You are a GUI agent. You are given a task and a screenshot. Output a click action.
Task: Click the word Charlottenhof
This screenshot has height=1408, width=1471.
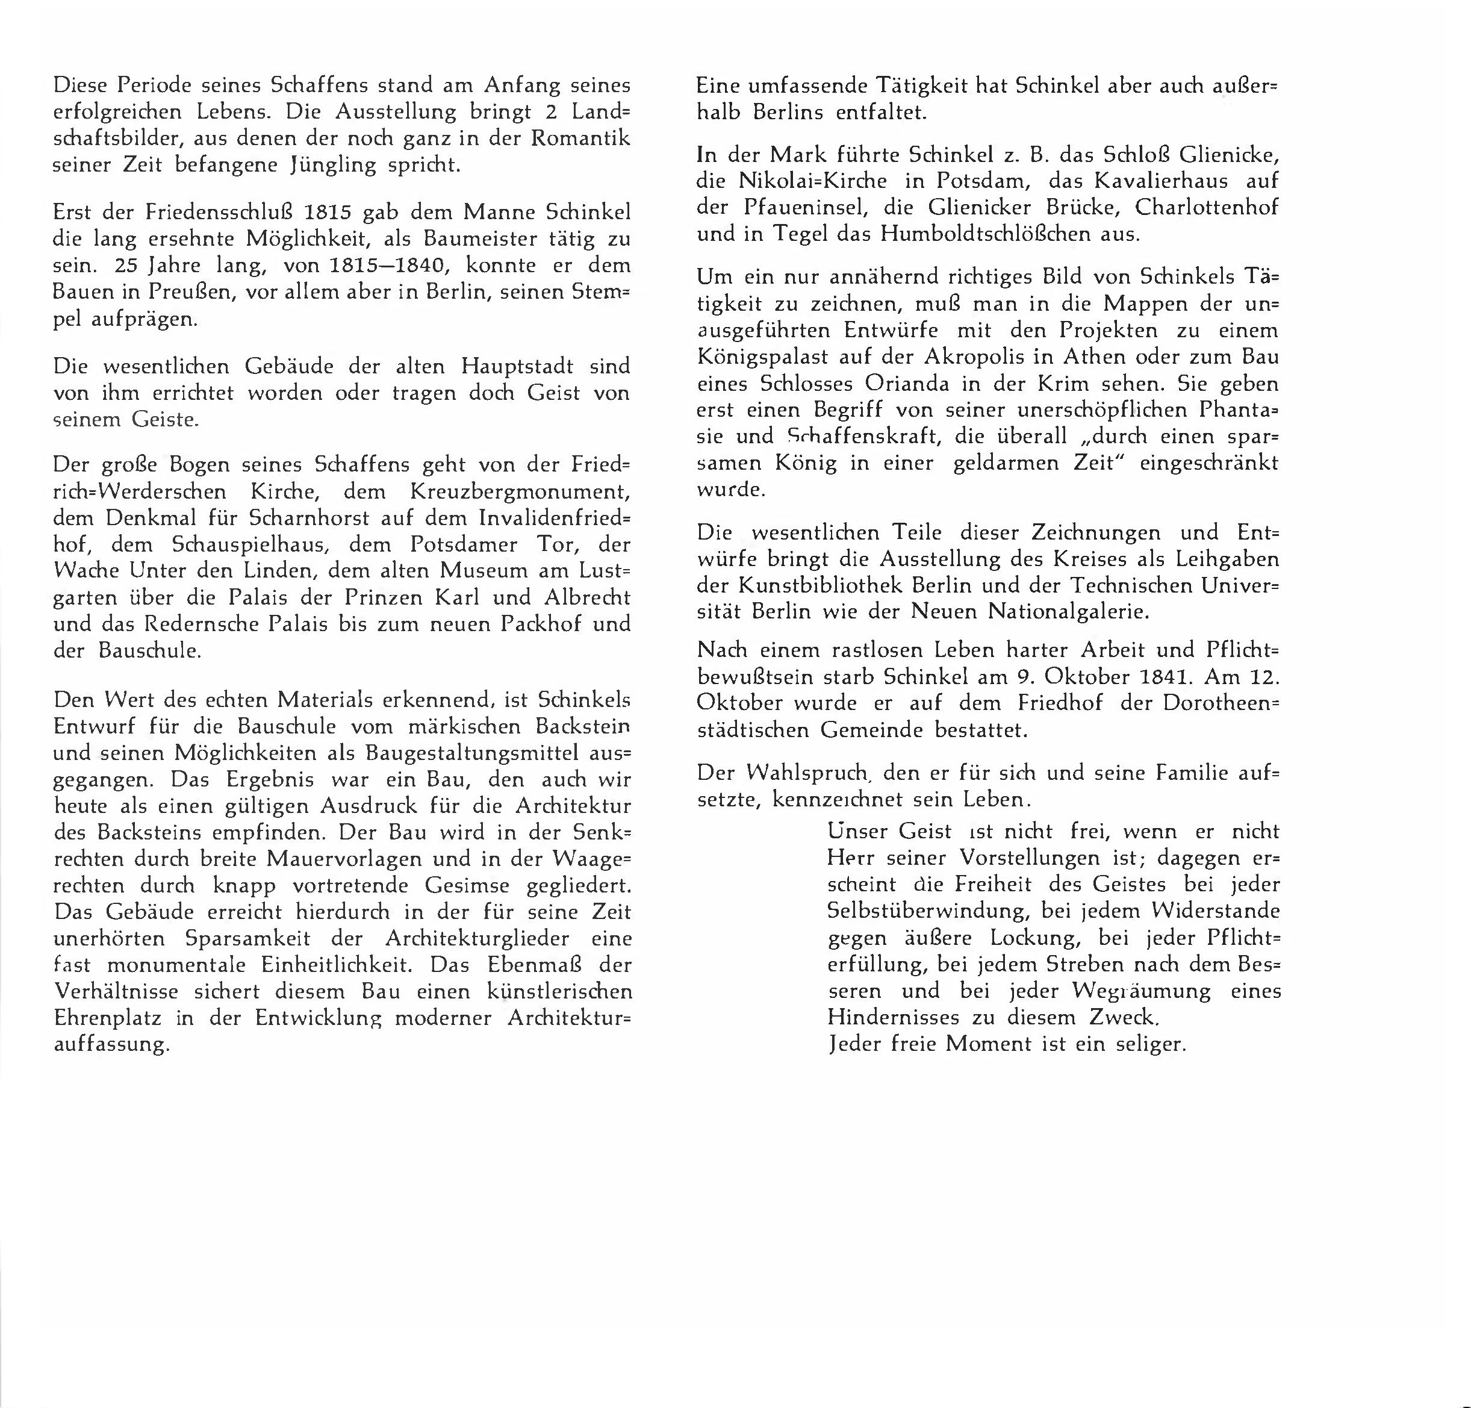click(x=1206, y=207)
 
